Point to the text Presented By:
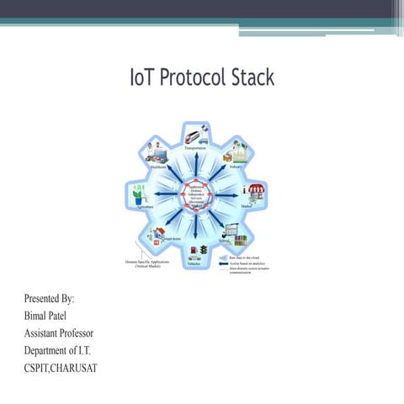coord(50,299)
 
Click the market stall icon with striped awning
coord(252,192)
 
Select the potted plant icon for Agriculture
coord(137,194)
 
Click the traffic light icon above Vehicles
coord(202,251)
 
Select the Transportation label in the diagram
coord(194,147)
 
